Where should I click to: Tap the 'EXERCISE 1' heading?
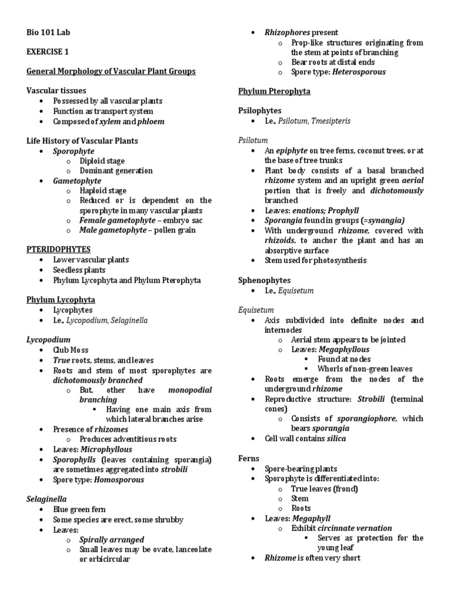[x=48, y=52]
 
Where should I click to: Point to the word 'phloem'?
[x=151, y=121]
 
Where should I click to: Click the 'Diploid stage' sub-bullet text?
[x=103, y=161]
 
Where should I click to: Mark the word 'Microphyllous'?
[x=107, y=449]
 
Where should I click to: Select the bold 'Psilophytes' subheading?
[x=260, y=110]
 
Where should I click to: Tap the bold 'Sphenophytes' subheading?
[x=264, y=280]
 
